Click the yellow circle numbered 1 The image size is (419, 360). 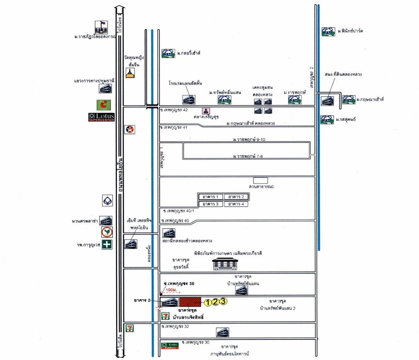pos(208,303)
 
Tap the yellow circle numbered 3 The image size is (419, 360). pos(223,301)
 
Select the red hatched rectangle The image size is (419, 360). pos(190,302)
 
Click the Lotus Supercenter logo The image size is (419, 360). pos(101,117)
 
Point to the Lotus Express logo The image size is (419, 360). pos(170,346)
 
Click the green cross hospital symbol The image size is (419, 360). pos(107,245)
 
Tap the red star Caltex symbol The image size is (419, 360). pos(130,129)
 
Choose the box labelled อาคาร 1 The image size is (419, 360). pos(211,196)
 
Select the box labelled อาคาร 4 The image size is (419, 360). pos(236,204)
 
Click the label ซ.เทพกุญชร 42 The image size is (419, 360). pos(175,110)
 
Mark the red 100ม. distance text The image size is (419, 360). pos(171,289)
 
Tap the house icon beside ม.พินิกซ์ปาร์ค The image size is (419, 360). pos(327,31)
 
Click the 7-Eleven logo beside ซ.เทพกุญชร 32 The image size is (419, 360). pos(129,328)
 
